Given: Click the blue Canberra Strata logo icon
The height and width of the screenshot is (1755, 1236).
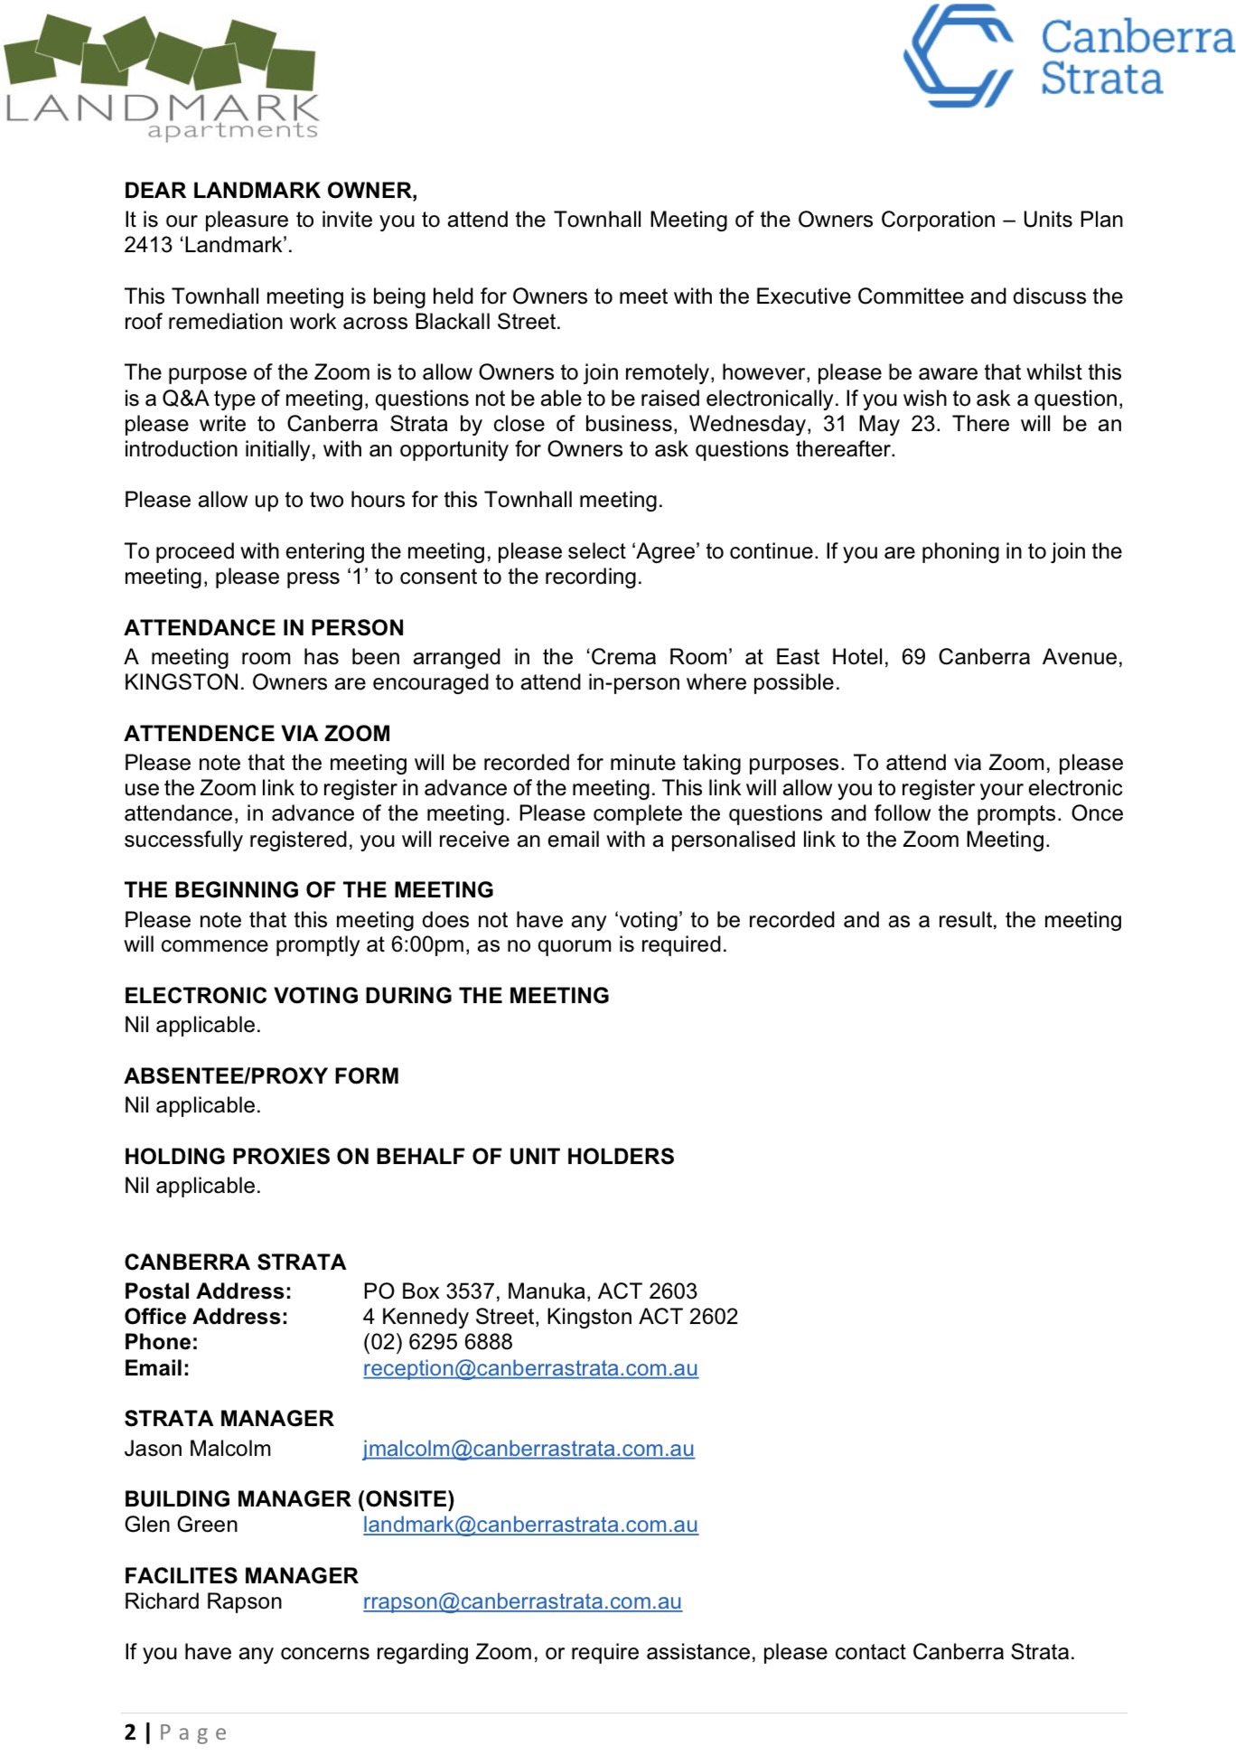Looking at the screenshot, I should tap(959, 56).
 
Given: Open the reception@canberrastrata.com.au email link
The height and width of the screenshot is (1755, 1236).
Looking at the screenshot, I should tap(530, 1368).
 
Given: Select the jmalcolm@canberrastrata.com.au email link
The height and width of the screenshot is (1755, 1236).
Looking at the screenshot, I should tap(529, 1449).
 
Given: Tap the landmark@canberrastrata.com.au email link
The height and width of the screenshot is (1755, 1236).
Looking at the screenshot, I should tap(530, 1525).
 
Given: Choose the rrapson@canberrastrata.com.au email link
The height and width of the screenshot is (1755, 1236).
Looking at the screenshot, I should tap(522, 1601).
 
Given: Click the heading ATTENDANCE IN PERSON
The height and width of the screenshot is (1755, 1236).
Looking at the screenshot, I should tap(264, 628).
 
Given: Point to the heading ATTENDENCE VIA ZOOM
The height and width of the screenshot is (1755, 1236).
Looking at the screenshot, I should tap(257, 733).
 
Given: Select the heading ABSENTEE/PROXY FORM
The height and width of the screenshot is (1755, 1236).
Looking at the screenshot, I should tap(261, 1075).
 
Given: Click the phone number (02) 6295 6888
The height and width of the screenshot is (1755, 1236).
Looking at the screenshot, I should tap(437, 1342).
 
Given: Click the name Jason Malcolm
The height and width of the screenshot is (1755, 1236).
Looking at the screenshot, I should tap(197, 1449).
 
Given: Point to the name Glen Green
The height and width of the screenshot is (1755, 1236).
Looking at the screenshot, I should tap(181, 1525).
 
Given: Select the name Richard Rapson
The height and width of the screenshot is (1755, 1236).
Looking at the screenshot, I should tap(203, 1601).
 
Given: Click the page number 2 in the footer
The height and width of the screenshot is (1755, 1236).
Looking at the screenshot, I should tap(131, 1732).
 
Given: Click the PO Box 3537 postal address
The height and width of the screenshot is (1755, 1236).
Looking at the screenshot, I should tap(530, 1291).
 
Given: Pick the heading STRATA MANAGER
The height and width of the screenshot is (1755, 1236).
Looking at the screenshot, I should tap(229, 1418).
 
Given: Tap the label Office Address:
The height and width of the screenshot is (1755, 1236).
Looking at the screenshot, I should tap(206, 1317).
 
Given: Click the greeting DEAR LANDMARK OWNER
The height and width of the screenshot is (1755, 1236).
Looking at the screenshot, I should tap(270, 191).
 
